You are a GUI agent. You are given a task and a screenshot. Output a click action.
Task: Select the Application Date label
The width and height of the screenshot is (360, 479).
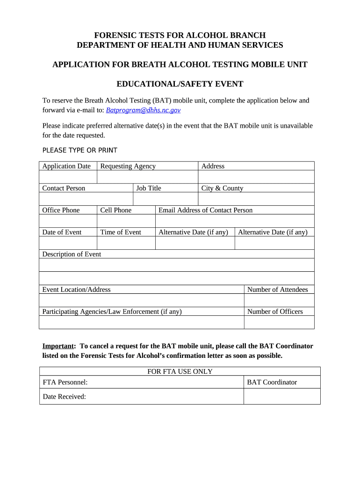point(66,166)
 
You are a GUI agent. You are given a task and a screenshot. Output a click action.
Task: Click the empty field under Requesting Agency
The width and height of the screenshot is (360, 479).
point(147,177)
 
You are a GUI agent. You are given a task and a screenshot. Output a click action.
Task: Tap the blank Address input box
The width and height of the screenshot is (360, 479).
point(256,177)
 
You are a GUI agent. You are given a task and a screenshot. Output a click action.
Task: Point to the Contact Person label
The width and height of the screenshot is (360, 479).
point(64,188)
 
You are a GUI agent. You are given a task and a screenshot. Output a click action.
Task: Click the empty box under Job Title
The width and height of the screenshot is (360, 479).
point(166,199)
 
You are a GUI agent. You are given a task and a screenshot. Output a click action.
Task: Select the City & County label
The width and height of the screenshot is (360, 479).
point(222,188)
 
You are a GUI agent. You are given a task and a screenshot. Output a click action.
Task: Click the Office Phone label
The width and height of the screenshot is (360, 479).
point(61,210)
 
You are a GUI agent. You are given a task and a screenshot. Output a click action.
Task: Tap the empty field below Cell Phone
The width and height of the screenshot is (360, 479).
point(126,221)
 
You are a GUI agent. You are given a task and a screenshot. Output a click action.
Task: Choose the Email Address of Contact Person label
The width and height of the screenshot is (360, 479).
point(205,210)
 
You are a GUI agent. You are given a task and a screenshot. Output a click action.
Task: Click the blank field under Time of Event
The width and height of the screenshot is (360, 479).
point(126,243)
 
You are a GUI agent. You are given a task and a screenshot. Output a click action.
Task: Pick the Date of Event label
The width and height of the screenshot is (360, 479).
point(62,232)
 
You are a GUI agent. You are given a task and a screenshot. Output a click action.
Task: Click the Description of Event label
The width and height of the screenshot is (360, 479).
point(72,254)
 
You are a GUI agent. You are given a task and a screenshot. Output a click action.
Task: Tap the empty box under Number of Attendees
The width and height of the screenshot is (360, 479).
point(279,300)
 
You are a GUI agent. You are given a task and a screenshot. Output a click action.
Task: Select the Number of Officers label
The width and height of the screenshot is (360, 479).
point(275,312)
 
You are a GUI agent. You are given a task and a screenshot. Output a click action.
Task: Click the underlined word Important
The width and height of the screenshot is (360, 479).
point(58,346)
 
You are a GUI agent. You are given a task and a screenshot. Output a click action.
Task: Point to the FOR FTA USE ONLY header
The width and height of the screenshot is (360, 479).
point(180,371)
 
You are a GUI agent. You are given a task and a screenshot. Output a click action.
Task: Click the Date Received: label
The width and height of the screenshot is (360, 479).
point(65,397)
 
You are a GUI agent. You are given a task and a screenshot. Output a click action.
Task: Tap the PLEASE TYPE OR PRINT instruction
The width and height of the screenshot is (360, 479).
point(79,150)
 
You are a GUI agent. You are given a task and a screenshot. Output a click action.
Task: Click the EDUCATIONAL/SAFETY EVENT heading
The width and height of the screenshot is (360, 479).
point(180,84)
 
